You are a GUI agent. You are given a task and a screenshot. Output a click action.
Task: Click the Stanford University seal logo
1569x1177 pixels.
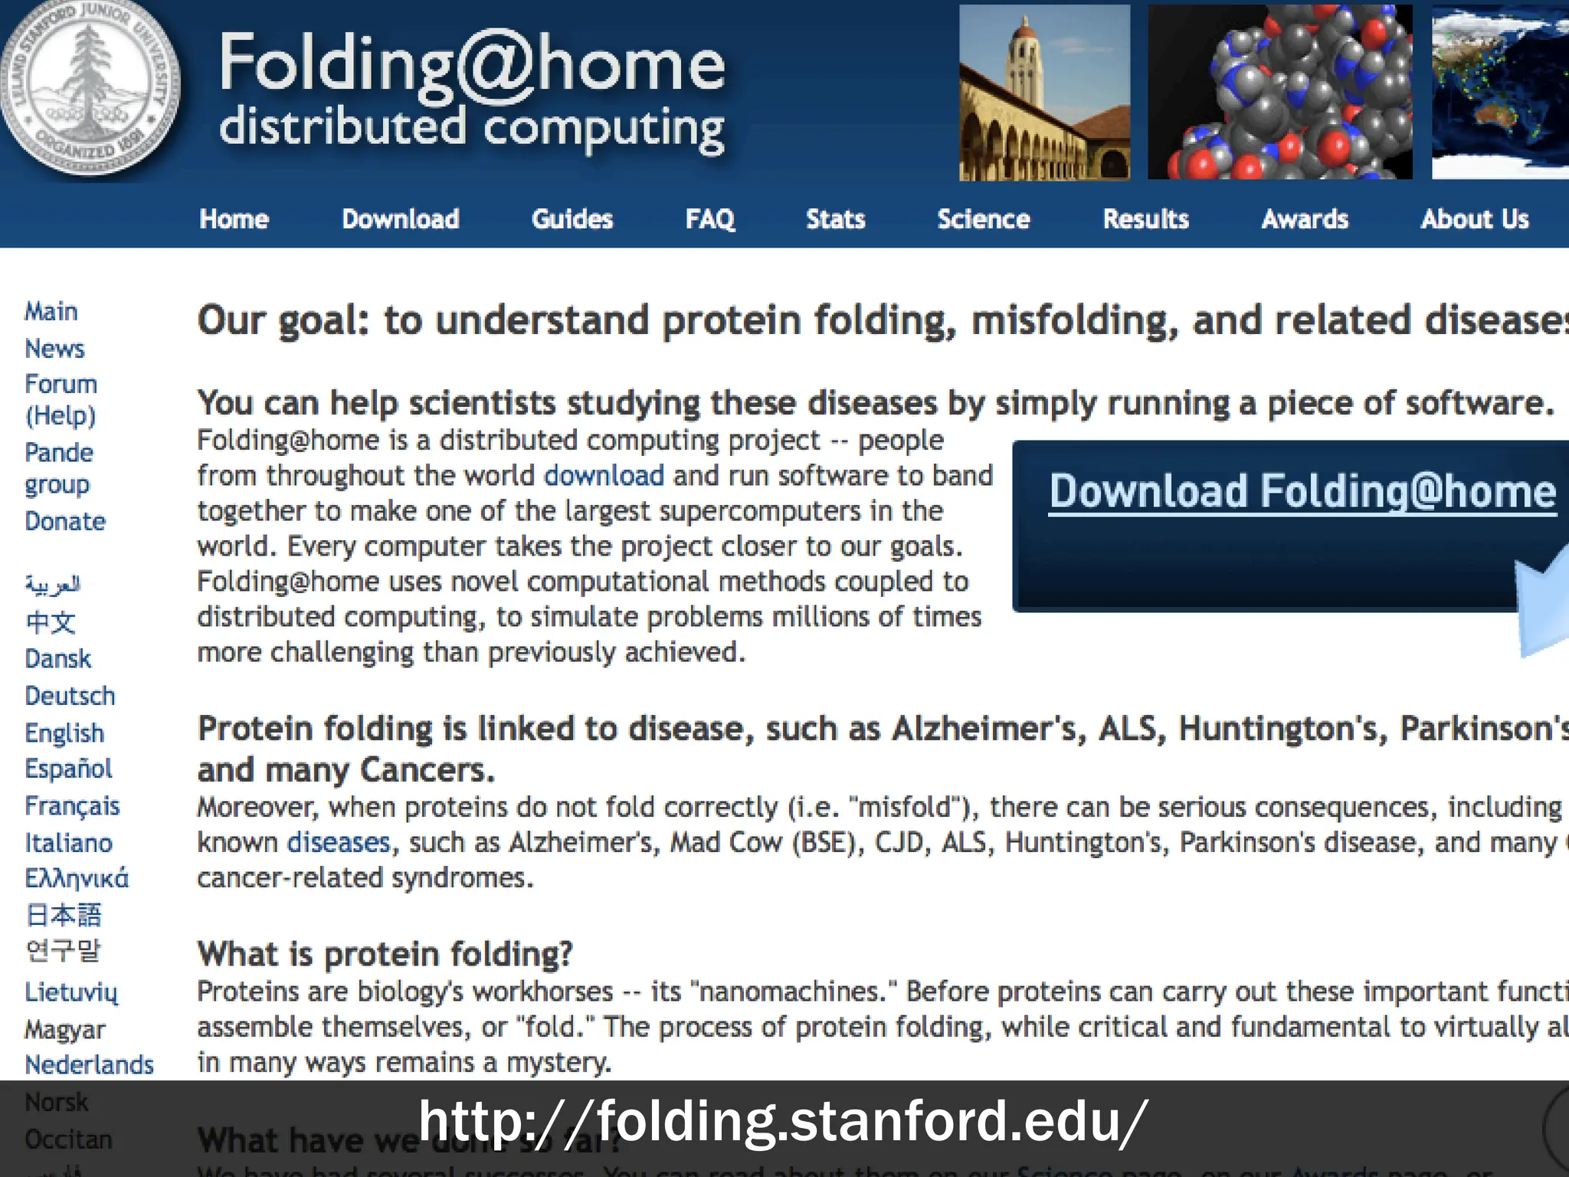click(x=90, y=88)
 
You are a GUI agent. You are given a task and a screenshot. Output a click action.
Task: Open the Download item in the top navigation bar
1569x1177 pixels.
click(x=400, y=219)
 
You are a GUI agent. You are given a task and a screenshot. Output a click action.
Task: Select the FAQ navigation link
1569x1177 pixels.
click(x=709, y=219)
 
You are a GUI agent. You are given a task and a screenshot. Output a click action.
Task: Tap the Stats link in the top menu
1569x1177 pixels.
click(x=835, y=219)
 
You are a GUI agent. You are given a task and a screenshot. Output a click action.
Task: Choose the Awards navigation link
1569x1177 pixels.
click(x=1304, y=219)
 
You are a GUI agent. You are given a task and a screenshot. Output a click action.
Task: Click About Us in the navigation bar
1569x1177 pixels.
click(x=1474, y=219)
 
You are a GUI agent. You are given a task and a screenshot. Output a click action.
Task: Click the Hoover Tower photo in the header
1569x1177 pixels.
click(x=1043, y=92)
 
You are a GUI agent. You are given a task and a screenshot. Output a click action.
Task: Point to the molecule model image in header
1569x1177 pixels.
click(x=1279, y=92)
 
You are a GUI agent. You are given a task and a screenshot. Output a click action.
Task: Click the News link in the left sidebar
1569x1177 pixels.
click(x=54, y=349)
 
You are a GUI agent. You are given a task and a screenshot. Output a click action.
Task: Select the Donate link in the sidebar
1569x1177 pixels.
click(x=65, y=521)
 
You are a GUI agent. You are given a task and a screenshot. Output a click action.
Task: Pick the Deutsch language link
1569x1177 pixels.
click(x=70, y=696)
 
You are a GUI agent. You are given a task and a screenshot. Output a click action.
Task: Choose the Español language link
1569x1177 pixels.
click(x=68, y=769)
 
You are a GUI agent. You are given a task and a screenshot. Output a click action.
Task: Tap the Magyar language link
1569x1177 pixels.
click(x=65, y=1029)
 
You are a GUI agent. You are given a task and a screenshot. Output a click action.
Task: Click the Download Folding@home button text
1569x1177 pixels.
click(x=1302, y=491)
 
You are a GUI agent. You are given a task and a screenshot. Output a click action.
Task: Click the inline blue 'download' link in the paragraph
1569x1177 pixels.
click(x=604, y=476)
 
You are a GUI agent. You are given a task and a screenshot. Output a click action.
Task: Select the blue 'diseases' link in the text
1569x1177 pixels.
click(x=339, y=842)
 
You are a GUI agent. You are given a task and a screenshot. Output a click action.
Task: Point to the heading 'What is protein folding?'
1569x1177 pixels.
click(x=385, y=954)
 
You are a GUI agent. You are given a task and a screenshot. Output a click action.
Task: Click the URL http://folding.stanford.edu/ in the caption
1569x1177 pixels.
click(x=782, y=1121)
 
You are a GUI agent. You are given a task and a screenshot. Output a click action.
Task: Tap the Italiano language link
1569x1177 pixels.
click(x=68, y=843)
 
